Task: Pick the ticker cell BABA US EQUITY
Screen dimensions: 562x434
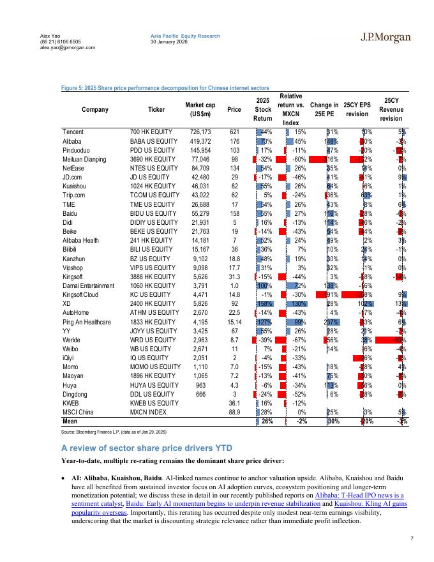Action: tap(153, 140)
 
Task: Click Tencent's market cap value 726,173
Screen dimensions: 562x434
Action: tap(197, 131)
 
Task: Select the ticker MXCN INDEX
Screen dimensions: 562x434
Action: tap(148, 412)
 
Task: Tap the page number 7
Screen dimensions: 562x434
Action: tap(412, 539)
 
